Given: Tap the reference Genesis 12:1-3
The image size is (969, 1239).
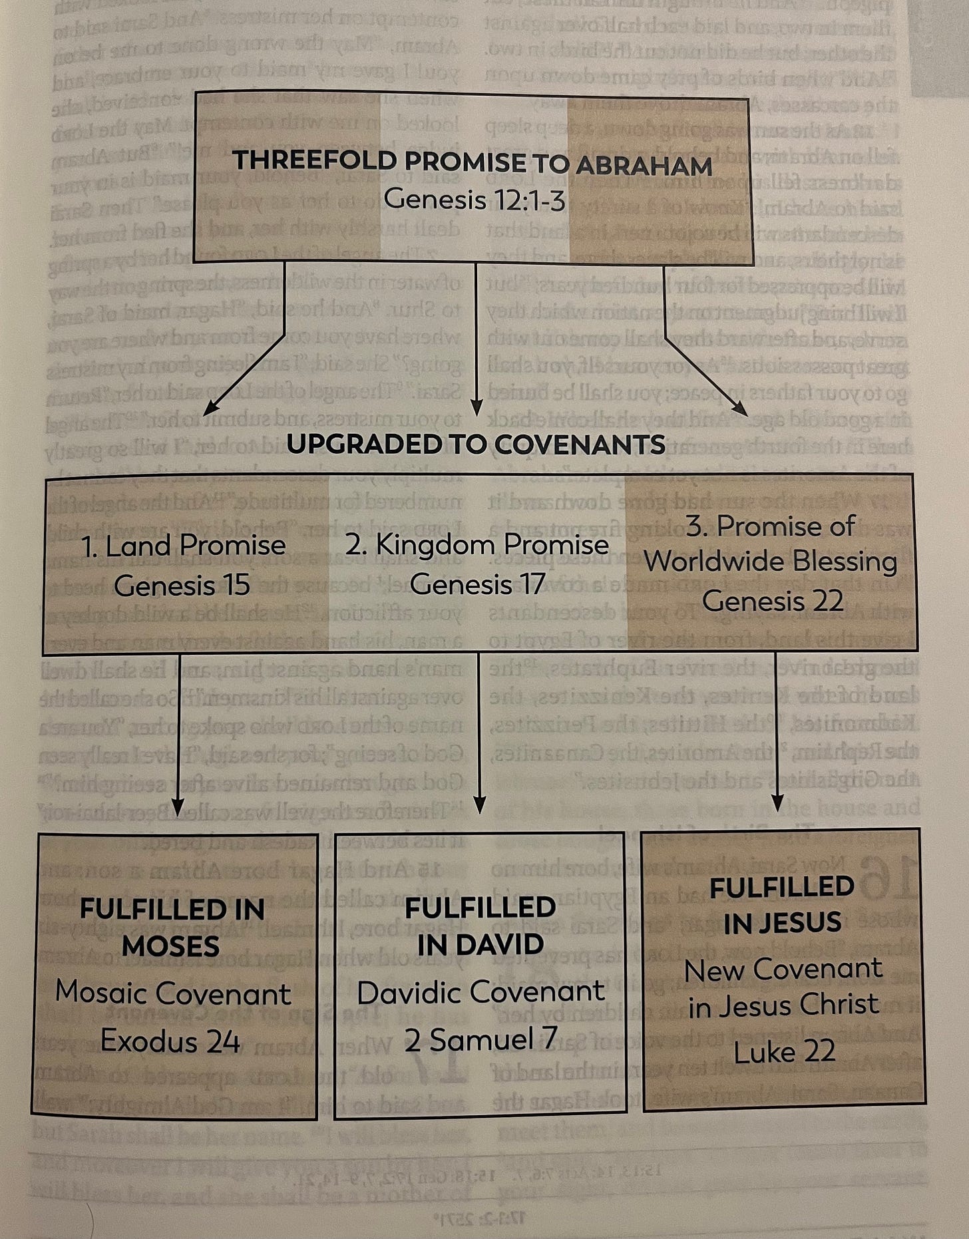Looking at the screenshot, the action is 475,199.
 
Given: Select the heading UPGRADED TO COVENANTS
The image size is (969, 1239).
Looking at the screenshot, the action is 476,444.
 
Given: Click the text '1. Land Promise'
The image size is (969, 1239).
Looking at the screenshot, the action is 183,546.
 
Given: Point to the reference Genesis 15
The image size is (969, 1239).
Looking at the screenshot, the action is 182,585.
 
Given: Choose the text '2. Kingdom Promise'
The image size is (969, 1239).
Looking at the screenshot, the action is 477,545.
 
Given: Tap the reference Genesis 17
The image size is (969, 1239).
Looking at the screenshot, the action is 477,584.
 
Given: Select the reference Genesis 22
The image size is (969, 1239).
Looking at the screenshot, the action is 772,601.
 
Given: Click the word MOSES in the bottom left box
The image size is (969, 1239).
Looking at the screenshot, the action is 171,946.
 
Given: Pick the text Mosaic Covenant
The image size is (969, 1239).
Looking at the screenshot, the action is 173,993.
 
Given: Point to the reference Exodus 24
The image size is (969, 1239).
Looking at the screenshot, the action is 170,1041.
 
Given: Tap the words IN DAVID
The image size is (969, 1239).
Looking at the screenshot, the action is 480,944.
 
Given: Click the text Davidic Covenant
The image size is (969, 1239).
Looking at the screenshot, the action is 481,992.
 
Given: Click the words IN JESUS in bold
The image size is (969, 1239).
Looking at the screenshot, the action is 782,922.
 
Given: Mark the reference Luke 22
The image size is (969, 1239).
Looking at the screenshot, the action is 784,1052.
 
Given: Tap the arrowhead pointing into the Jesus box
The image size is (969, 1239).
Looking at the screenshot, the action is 779,804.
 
